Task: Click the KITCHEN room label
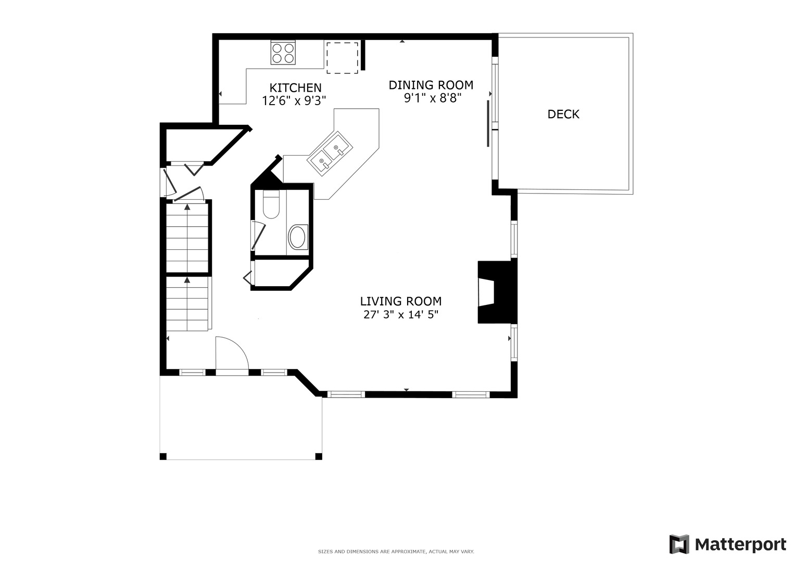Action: point(295,88)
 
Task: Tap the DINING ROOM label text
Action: point(431,85)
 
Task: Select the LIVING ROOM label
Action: point(401,301)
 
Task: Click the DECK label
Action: point(563,114)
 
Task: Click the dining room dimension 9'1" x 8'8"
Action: point(433,98)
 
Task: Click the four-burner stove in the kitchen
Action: point(283,53)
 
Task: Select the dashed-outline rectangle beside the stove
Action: point(342,57)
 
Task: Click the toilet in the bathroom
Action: point(271,205)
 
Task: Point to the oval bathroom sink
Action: point(298,237)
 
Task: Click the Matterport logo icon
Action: point(679,544)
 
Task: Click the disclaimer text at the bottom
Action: point(396,551)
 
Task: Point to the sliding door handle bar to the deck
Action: point(488,123)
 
